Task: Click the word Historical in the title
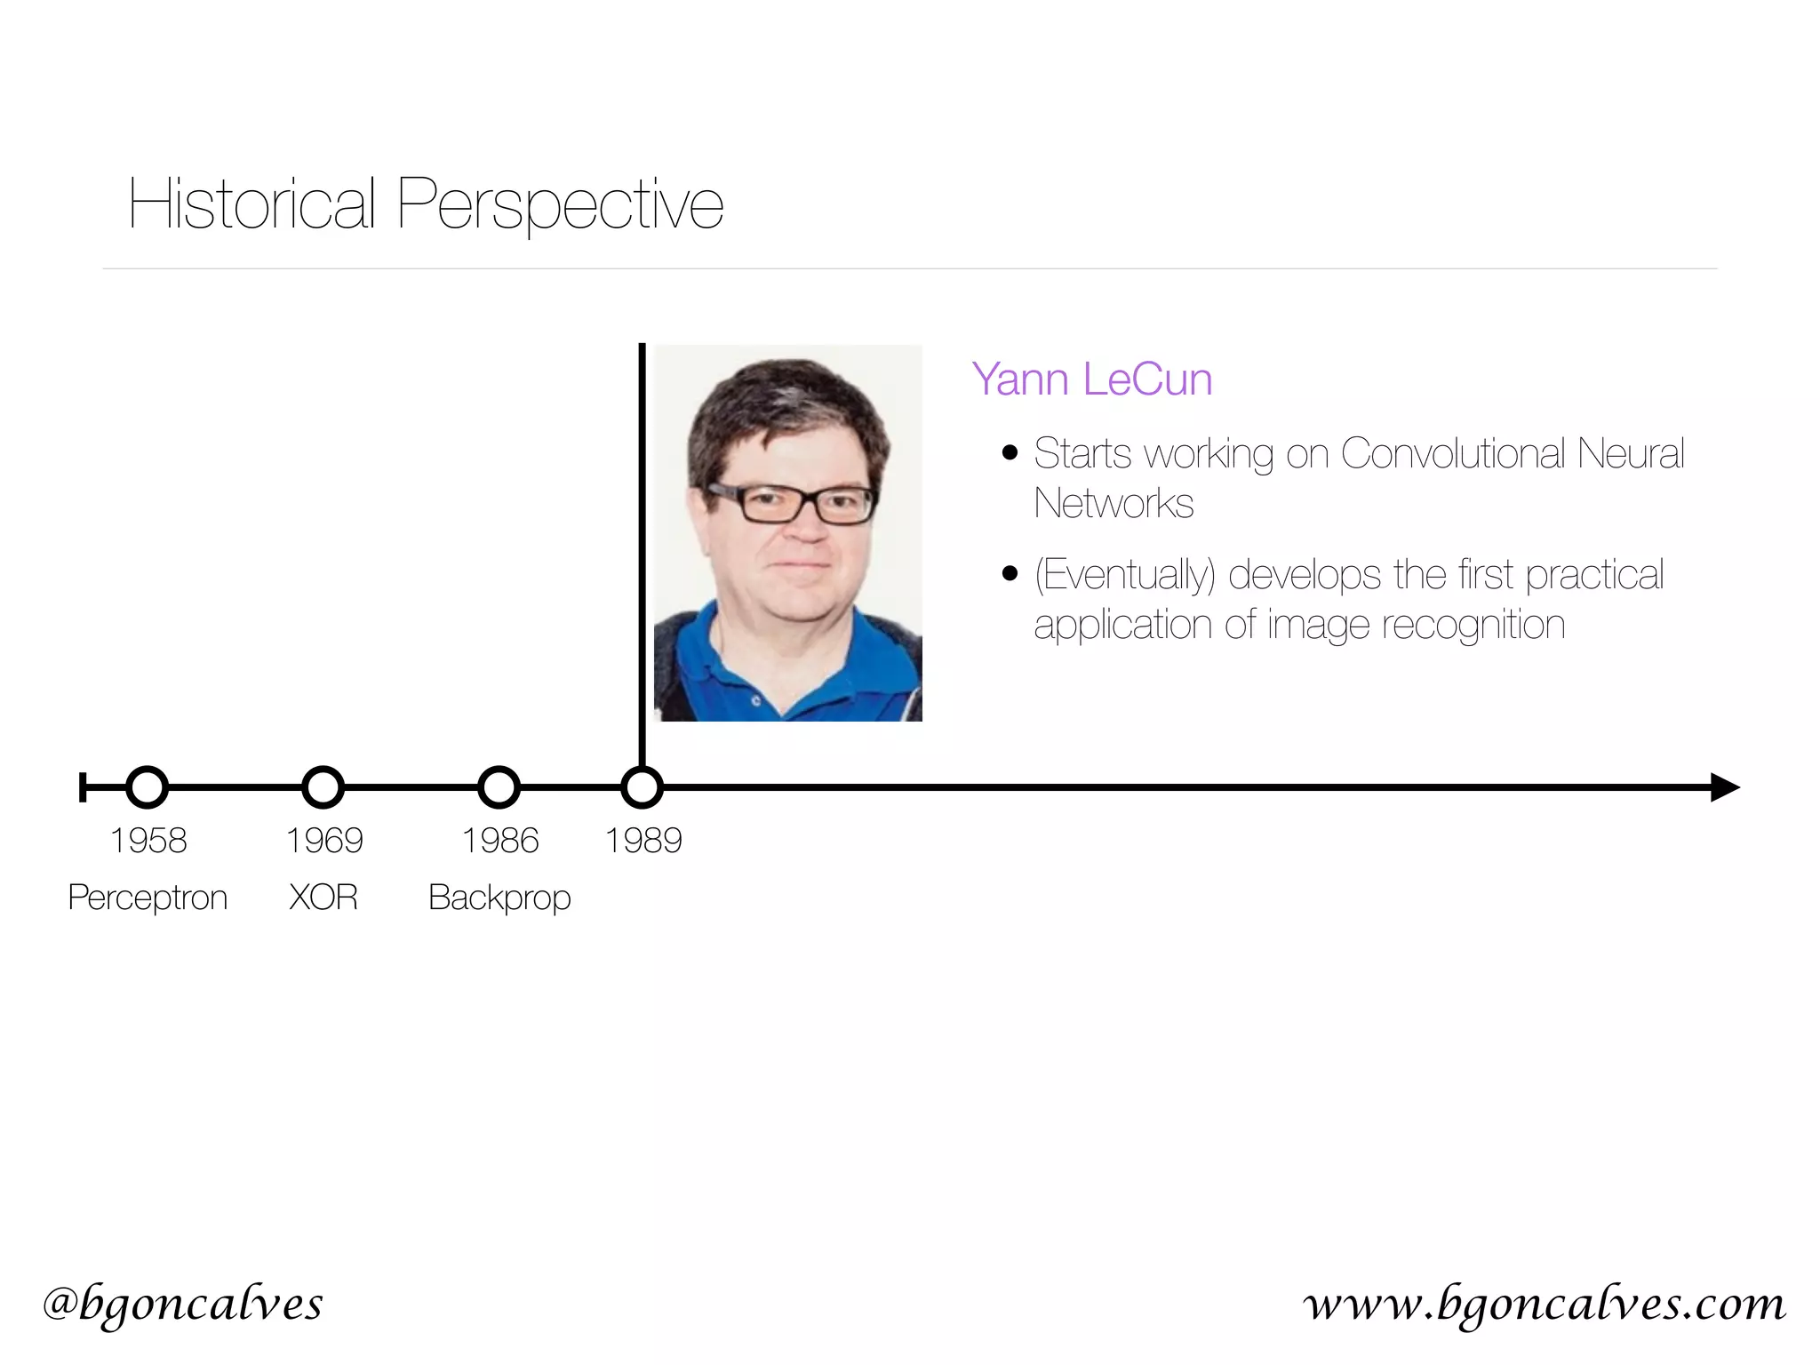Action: coord(251,204)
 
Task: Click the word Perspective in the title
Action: coord(560,206)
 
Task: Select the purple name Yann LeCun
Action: coord(1091,379)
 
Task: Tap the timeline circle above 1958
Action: coord(148,787)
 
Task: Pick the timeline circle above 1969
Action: coord(323,787)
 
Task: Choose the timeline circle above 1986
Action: coord(499,787)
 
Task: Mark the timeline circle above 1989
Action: coord(642,787)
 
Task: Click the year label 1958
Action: coord(148,841)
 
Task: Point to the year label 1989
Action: coord(643,841)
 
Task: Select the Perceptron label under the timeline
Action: coord(148,898)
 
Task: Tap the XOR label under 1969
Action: coord(323,898)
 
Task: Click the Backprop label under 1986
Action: coord(499,898)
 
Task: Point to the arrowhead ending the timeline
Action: coord(1723,787)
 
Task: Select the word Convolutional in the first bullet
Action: coord(1453,453)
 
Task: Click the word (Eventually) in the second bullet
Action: coord(1124,575)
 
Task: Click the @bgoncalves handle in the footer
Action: coord(183,1305)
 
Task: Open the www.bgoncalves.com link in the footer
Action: coord(1545,1305)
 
